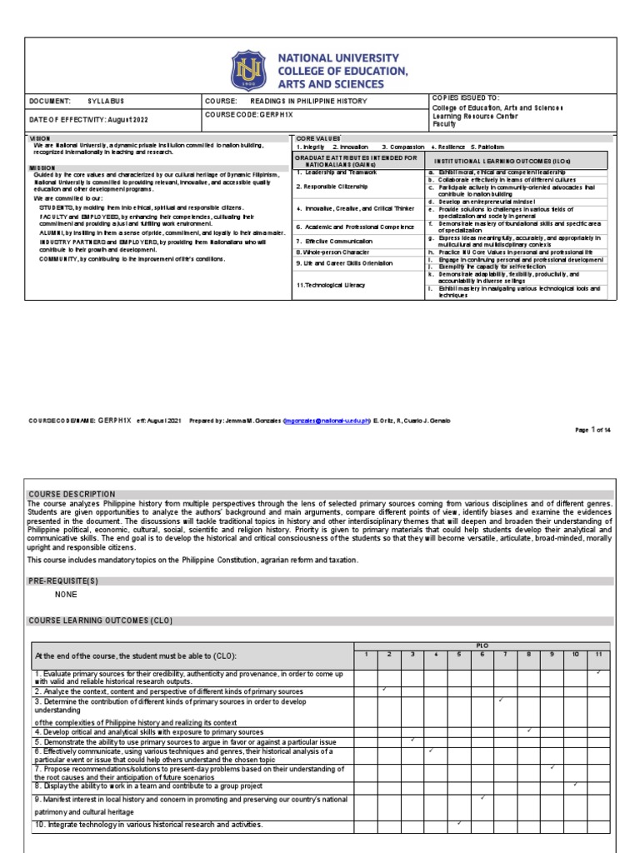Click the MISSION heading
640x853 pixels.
[42, 167]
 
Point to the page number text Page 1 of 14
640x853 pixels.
[593, 430]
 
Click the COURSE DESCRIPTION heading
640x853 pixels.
[72, 494]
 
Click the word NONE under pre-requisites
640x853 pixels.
[66, 596]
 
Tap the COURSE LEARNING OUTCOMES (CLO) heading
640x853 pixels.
[101, 621]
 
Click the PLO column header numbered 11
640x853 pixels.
[597, 654]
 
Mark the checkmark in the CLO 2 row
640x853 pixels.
[383, 690]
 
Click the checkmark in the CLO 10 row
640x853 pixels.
[458, 823]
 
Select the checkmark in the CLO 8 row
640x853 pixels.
[574, 784]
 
